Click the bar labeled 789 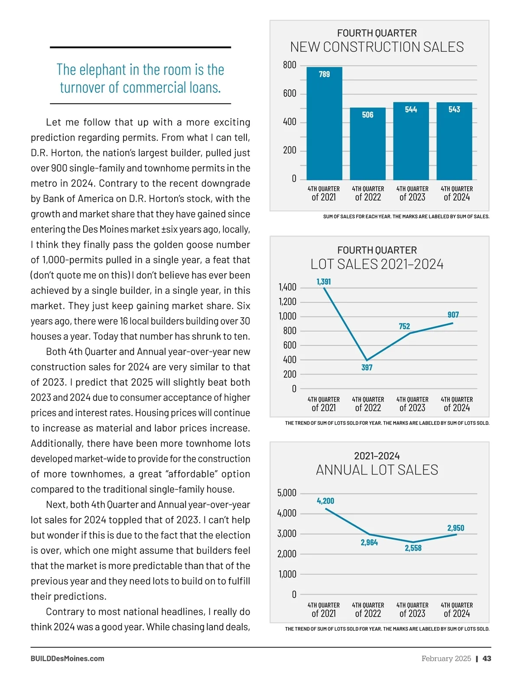coord(324,124)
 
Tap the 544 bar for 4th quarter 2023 coord(411,141)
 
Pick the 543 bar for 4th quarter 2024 coord(454,141)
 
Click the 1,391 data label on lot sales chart coord(324,282)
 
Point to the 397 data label coord(367,367)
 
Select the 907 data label coord(453,315)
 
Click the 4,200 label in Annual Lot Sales coord(325,501)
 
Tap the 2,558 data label coord(413,548)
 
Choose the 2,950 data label coord(455,528)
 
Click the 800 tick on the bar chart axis coord(289,65)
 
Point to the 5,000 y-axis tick coord(286,493)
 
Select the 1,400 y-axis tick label coord(287,287)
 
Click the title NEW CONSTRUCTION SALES coord(377,47)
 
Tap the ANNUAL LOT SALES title coord(377,470)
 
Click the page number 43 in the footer coord(487,658)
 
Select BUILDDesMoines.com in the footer coord(68,658)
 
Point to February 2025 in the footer coord(446,658)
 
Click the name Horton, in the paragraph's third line coord(67,153)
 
